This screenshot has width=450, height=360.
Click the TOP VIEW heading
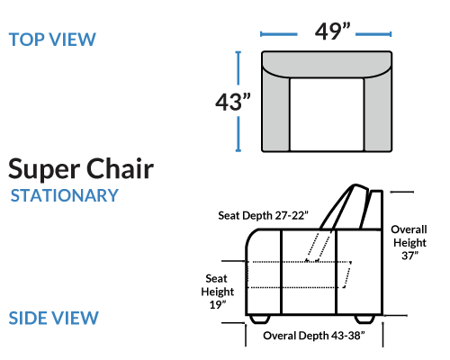pos(52,40)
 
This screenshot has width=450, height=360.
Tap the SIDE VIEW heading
pos(54,318)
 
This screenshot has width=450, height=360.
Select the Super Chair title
pos(81,170)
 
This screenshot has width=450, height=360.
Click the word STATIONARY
pos(65,195)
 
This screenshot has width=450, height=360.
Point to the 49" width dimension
pos(332,31)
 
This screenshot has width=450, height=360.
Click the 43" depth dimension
pos(233,102)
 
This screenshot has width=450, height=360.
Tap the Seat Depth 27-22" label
pos(263,215)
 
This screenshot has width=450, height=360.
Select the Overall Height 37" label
pos(409,242)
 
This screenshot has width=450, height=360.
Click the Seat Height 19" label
pos(218,292)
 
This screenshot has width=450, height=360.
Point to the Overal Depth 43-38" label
pos(314,336)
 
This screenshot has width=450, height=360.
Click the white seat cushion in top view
pos(327,114)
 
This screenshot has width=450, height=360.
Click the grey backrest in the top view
pos(327,64)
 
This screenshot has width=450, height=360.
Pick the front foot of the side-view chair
pos(259,319)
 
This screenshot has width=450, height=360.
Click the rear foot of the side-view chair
pos(364,319)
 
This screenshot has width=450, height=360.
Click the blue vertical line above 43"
pos(238,68)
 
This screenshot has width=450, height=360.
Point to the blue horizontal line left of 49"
pos(279,34)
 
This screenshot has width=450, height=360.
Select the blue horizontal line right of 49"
pos(373,34)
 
